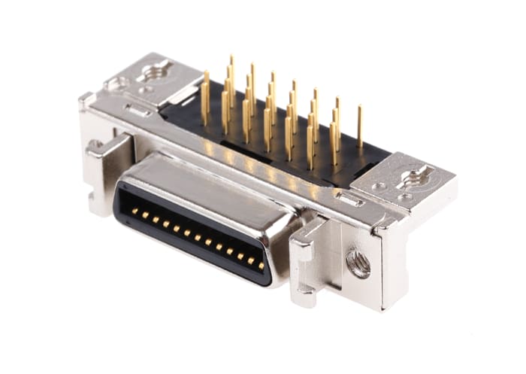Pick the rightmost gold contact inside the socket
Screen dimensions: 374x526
point(261,265)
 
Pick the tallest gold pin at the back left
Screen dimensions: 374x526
point(231,71)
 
